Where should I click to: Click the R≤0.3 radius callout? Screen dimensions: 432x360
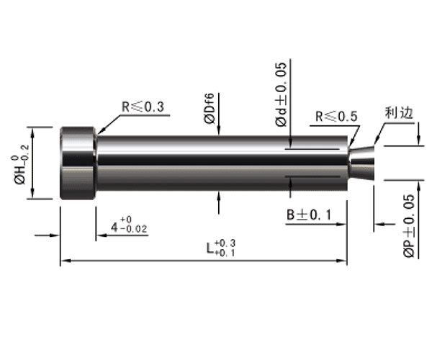143,107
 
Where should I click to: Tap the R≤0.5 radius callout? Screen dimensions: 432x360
336,117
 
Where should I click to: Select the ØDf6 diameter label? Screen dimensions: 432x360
209,108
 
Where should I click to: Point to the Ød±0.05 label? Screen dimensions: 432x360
281,94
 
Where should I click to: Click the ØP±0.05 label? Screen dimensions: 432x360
409,226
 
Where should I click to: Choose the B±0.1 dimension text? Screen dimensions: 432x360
309,215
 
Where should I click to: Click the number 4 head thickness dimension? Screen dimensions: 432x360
114,228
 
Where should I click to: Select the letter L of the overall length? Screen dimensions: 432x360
210,248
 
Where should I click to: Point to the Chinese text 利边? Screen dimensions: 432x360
399,112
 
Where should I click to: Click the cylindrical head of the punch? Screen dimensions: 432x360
78,163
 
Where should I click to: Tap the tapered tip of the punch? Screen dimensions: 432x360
361,163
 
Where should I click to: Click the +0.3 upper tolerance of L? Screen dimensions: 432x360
225,243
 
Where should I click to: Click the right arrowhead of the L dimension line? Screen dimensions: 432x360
342,261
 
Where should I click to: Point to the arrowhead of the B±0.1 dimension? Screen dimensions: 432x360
341,224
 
